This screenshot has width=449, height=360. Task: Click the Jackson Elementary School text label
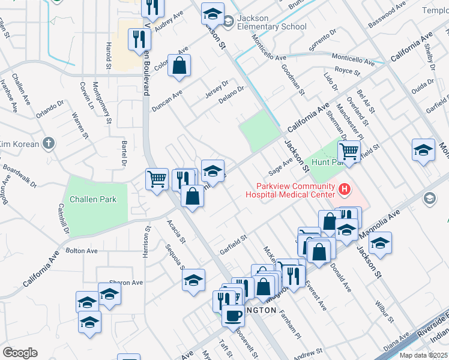click(272, 22)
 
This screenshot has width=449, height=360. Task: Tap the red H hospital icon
click(345, 190)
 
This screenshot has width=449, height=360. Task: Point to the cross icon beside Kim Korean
click(49, 143)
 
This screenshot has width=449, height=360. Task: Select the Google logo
click(20, 352)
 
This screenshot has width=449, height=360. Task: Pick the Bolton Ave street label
click(82, 250)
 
